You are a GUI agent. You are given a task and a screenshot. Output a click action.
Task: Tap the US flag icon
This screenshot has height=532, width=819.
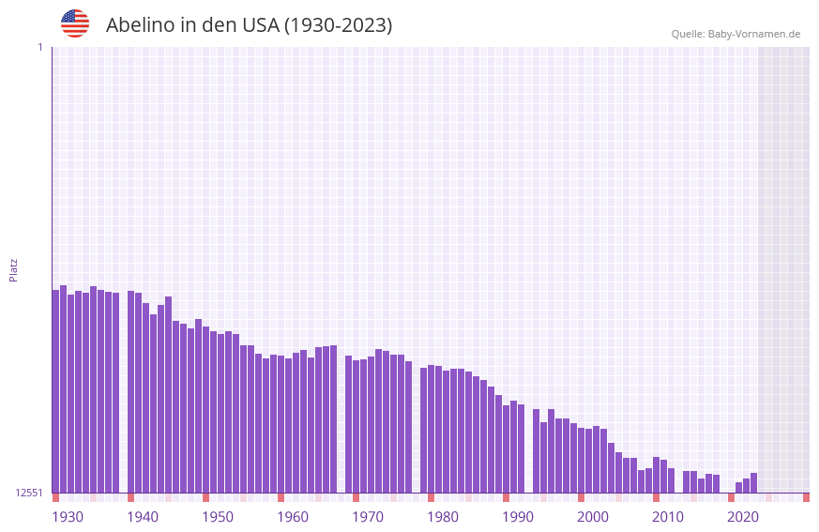[75, 23]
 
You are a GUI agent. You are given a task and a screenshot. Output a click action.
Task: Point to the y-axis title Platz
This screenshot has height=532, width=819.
[13, 269]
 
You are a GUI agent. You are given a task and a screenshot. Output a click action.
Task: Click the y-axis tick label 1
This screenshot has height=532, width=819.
[39, 47]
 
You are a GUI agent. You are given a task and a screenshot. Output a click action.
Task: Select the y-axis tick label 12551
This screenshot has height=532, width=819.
[29, 493]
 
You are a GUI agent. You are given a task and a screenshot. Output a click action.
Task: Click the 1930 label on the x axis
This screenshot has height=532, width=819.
[68, 517]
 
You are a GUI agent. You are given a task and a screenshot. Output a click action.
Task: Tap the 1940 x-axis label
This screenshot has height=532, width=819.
[143, 517]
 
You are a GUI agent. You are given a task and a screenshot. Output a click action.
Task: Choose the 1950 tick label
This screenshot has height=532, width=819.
[218, 517]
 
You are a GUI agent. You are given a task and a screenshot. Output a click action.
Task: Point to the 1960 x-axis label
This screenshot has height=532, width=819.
[293, 517]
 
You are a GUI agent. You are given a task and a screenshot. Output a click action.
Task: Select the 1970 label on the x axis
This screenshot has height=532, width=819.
[368, 517]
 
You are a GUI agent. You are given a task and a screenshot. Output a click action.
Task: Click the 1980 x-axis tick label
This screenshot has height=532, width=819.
[443, 517]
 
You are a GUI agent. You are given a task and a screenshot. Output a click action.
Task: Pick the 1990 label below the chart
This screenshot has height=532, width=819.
[518, 517]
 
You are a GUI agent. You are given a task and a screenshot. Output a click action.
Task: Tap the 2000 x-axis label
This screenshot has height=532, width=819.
[593, 517]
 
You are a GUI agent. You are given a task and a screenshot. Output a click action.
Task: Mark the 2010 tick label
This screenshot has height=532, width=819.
[668, 517]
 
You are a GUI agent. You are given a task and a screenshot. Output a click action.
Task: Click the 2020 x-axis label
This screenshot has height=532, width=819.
[743, 517]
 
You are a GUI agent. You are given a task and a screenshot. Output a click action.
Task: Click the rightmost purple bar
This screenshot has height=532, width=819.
[753, 483]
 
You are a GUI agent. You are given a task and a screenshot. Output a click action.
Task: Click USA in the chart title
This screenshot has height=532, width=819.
[259, 25]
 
